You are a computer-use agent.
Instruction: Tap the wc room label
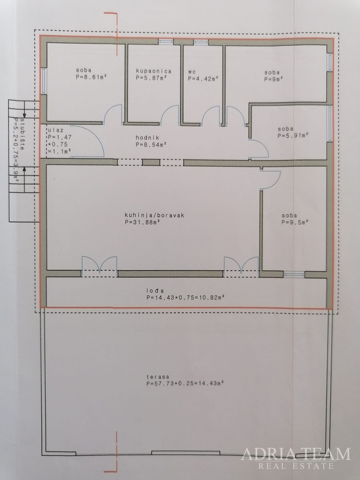pos(192,71)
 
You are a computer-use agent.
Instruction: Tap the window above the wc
pos(201,42)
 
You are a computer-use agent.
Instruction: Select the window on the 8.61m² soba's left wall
pos(44,81)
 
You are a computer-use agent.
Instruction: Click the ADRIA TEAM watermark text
pos(296,453)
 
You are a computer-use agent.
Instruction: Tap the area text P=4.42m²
pos(203,79)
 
